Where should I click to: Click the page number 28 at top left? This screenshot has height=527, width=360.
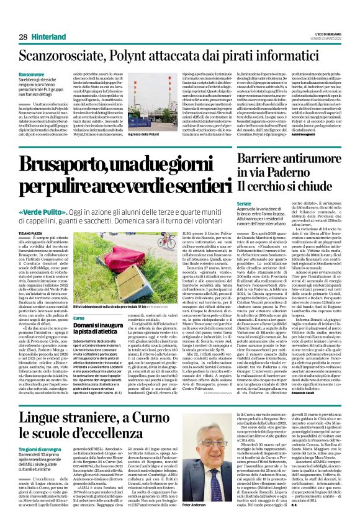(23, 37)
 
